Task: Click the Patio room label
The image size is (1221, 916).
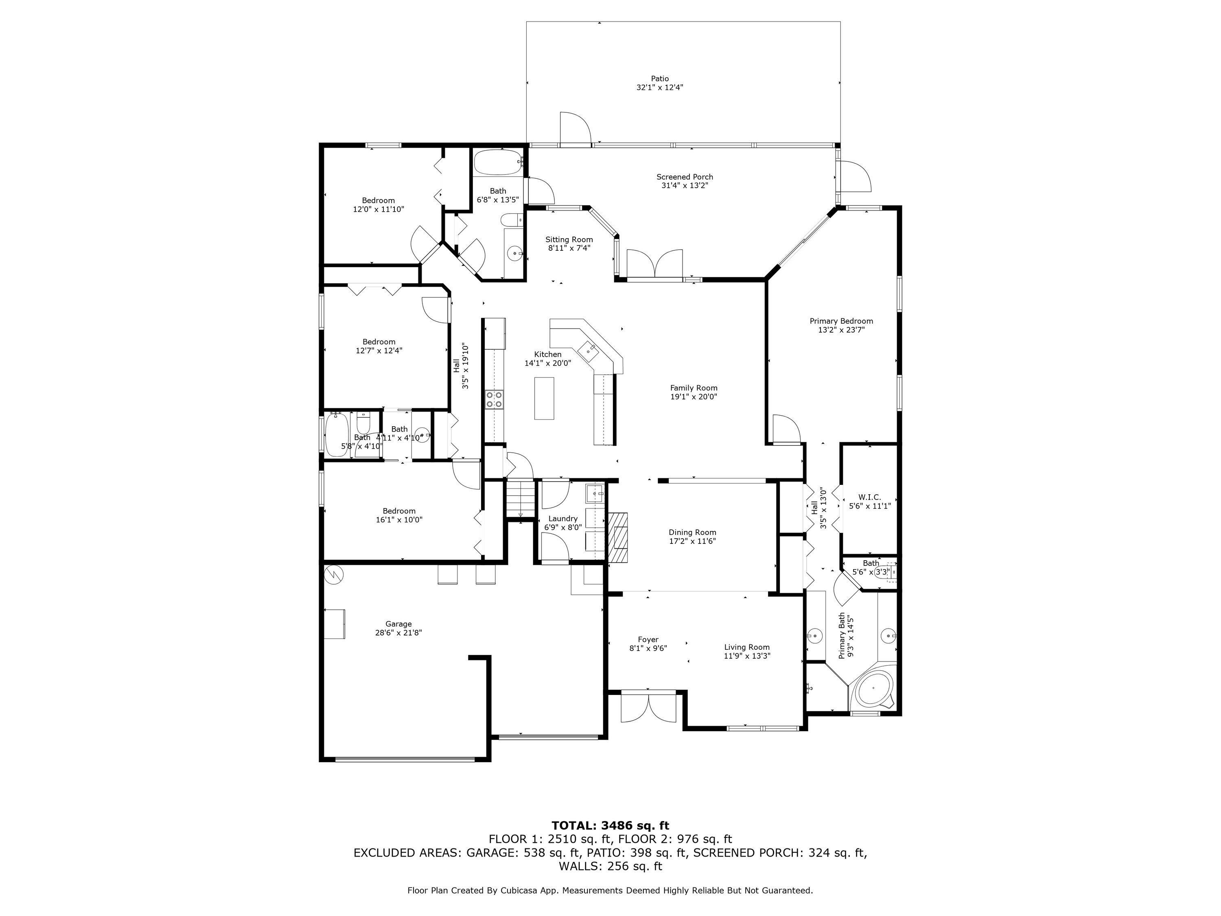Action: pos(660,79)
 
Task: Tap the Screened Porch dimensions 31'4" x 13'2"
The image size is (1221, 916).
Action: pos(685,186)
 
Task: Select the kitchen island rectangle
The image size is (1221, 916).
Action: pos(544,398)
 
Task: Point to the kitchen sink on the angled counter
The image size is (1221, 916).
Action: pos(587,349)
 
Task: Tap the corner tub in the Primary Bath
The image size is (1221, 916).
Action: pos(873,688)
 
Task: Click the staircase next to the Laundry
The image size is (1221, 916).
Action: pos(521,499)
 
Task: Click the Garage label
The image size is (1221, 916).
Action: pos(398,624)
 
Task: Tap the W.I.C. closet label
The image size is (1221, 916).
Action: pos(869,497)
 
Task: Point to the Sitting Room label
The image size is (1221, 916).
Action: pos(569,239)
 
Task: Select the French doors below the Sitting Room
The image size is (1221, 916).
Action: pos(654,263)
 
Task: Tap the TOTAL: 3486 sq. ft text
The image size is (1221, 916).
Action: pos(610,826)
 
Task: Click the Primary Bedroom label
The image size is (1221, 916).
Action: pos(841,321)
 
